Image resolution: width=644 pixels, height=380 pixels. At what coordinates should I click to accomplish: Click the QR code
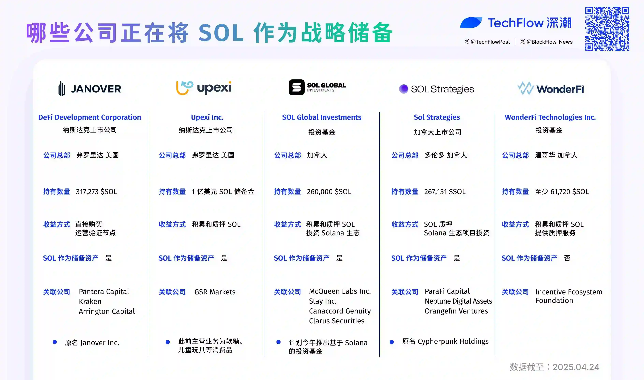(x=607, y=29)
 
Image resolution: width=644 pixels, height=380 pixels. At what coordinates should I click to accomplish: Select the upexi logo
(x=204, y=88)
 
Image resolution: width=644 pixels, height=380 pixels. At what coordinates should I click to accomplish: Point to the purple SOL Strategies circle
(x=404, y=89)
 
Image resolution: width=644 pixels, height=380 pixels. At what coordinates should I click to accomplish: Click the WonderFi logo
(x=551, y=89)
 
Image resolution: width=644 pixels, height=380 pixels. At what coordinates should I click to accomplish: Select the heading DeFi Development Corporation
(x=90, y=117)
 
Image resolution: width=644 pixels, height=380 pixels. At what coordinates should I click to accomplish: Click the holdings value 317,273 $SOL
(x=97, y=192)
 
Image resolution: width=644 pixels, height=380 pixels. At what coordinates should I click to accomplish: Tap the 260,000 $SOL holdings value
(x=329, y=192)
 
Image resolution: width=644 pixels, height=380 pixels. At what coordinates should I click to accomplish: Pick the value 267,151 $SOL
(x=445, y=192)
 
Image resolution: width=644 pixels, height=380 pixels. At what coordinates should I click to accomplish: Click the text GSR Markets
(x=215, y=292)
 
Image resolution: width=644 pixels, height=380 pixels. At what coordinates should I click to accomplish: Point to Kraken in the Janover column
(x=90, y=301)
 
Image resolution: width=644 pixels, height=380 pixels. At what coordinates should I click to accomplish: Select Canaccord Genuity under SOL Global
(x=340, y=311)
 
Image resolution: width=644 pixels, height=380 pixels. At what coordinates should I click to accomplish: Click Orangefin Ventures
(x=456, y=311)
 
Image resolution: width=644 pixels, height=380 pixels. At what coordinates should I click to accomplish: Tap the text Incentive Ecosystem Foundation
(x=569, y=296)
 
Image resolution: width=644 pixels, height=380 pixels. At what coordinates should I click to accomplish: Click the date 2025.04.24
(x=576, y=367)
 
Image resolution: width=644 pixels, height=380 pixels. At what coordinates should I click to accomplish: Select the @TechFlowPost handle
(x=487, y=42)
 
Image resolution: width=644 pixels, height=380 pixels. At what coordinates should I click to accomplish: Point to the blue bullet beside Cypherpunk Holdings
(x=392, y=342)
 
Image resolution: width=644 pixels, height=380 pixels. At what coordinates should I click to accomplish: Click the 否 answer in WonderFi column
(x=567, y=258)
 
